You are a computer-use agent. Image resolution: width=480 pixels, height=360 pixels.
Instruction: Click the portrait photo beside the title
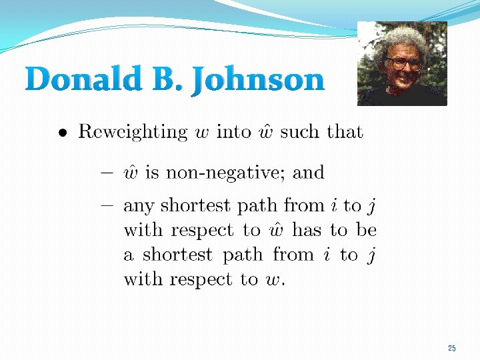click(402, 63)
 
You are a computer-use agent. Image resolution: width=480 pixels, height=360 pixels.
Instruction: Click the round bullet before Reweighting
click(61, 133)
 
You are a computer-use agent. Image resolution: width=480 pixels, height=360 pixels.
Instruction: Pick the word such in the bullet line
click(301, 131)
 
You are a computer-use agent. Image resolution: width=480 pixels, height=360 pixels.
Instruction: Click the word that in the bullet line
click(345, 131)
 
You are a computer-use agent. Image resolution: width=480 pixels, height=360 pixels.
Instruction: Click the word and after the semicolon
click(309, 173)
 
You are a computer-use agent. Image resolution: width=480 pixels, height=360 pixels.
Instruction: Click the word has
click(307, 230)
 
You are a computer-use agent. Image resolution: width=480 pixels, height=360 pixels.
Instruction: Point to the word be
click(366, 230)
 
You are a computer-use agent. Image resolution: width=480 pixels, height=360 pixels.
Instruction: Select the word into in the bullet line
click(233, 131)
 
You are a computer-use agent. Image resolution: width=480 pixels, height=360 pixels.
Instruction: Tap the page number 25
click(452, 349)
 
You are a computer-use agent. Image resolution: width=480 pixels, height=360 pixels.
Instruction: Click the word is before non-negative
click(152, 173)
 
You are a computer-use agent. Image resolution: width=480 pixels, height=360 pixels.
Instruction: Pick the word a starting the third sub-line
click(129, 256)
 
